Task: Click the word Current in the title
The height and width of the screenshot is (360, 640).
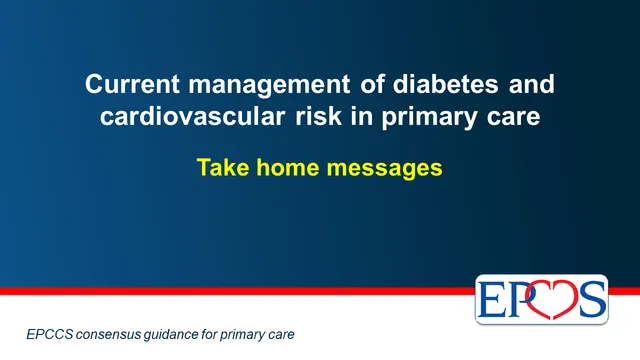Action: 132,84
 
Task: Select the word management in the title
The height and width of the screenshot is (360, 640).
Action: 269,85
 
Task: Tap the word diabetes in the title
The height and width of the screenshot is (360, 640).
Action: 446,84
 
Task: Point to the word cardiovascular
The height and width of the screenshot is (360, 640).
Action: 192,116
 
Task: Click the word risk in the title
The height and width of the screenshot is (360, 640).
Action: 318,116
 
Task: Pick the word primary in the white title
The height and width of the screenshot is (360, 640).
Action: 429,118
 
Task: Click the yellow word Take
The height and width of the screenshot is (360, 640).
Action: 223,167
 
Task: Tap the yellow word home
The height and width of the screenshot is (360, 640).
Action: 288,167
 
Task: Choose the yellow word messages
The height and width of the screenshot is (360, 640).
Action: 384,169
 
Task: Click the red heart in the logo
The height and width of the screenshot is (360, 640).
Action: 553,299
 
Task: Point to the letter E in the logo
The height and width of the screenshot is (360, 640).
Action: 491,299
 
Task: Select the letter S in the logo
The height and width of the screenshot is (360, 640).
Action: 592,299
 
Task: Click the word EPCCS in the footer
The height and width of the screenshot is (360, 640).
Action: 50,334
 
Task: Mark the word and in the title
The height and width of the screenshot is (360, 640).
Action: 531,84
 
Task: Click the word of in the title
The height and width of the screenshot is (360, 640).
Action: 372,84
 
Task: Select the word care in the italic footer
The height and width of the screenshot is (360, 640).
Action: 281,336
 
